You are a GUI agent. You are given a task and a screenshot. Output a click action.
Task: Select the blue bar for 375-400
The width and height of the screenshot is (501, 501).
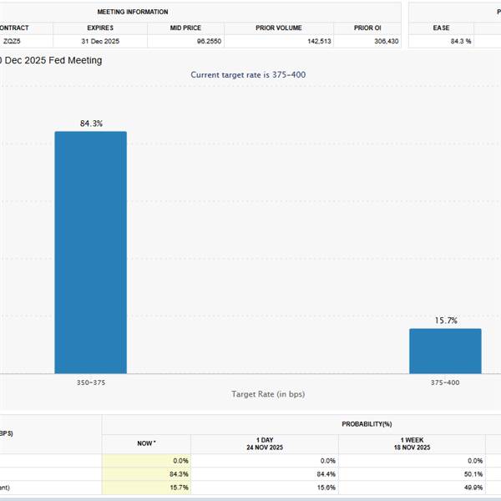coord(445,351)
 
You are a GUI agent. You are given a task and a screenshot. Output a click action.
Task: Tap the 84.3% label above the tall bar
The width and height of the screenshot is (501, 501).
coord(91,124)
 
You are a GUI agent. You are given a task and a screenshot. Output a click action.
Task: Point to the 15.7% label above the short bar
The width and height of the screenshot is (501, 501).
coord(446,321)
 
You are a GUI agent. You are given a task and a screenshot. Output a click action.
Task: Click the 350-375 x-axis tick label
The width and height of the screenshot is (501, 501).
coord(90,382)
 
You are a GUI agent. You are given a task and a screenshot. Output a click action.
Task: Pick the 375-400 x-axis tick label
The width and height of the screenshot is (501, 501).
coord(445,382)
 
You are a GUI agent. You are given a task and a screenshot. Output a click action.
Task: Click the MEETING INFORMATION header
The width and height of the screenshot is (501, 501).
coord(133,13)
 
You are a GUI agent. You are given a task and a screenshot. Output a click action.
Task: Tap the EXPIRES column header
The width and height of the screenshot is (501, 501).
coord(100,28)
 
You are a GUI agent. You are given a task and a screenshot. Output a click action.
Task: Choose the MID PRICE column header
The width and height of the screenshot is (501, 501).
coord(185,28)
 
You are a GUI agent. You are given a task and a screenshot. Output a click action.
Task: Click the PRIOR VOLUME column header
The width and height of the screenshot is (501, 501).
coord(279,28)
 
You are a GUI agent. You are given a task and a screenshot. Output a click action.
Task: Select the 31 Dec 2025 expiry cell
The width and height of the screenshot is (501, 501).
coord(100,41)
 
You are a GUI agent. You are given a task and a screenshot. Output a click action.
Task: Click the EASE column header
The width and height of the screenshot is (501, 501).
coord(441,28)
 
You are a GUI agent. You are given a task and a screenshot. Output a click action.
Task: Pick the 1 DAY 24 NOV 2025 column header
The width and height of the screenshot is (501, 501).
coord(264,444)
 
